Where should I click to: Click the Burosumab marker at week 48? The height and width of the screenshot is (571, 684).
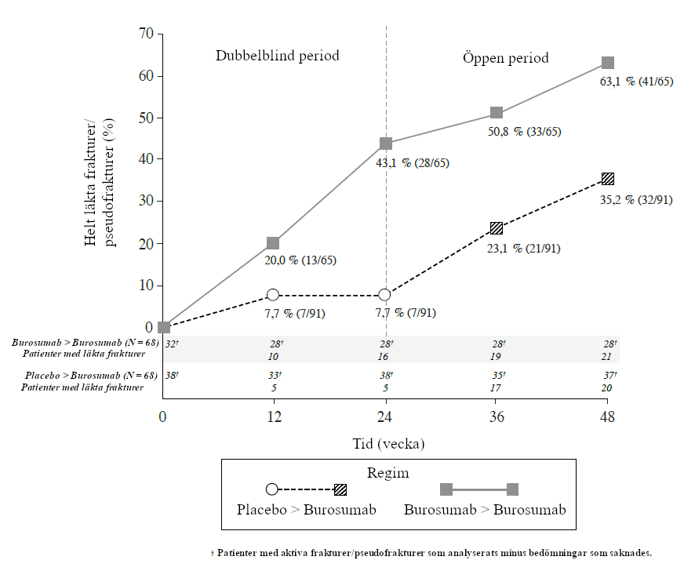607,63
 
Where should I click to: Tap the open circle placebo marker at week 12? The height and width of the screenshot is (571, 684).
273,295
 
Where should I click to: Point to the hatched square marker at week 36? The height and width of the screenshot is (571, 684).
496,228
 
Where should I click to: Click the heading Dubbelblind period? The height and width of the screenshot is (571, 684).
278,56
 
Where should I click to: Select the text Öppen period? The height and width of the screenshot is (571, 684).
505,58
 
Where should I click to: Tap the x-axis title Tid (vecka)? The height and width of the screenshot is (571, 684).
387,443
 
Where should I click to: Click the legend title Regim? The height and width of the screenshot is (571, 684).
387,473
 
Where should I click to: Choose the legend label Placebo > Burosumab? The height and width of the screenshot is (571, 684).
307,509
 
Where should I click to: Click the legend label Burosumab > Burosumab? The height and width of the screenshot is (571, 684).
485,509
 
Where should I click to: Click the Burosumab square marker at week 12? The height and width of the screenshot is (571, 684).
273,243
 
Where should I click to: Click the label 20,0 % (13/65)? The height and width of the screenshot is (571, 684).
300,260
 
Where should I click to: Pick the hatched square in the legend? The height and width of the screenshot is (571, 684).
340,489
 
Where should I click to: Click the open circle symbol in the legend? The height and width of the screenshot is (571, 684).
272,489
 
